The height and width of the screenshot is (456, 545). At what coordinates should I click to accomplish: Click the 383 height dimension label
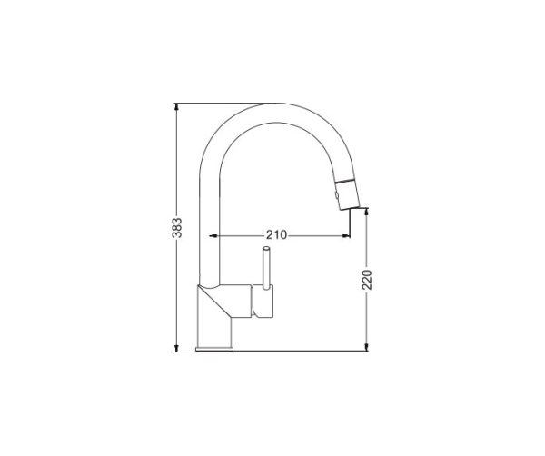[177, 228]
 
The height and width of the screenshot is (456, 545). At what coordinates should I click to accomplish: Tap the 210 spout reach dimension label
[277, 235]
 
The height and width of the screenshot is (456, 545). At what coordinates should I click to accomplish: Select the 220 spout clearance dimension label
[367, 280]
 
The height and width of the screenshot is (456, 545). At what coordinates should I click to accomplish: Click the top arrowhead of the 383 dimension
[177, 106]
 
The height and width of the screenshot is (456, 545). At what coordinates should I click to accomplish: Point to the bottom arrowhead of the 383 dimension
[176, 348]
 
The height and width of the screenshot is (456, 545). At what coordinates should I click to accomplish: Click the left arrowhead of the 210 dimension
[213, 236]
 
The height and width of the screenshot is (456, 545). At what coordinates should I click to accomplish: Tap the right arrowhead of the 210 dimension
[346, 236]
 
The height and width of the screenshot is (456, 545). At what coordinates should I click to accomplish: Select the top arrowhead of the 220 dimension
[366, 212]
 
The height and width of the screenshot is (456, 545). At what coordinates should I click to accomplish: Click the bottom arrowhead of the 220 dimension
[366, 347]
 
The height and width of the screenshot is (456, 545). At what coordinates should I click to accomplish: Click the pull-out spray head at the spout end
[348, 193]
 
